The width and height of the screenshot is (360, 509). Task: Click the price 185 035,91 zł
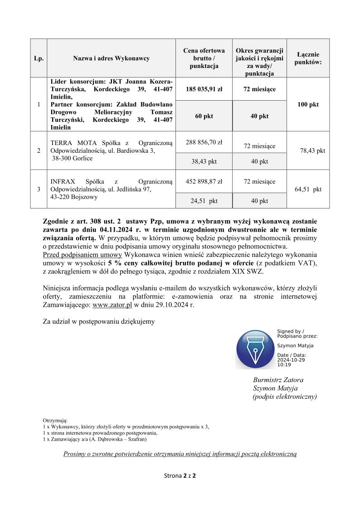204,89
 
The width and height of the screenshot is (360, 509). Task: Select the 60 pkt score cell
204,116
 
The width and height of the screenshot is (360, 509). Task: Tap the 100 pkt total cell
308,105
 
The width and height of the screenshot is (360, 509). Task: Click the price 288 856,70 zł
204,142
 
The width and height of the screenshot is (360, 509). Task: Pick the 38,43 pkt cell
204,161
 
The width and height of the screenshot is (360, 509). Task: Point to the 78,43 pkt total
312,151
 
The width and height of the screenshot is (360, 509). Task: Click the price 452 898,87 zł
204,182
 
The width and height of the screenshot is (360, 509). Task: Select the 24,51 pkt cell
204,201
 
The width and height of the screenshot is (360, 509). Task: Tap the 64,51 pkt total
308,189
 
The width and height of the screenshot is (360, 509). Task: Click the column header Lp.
39,58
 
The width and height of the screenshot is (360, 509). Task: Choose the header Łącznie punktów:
308,58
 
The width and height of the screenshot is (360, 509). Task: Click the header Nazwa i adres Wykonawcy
112,58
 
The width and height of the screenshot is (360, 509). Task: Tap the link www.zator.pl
112,305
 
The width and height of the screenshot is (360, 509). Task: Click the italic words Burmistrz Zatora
278,380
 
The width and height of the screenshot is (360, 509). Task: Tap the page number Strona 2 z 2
180,476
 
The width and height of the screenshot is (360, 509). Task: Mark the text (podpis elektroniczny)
284,397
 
